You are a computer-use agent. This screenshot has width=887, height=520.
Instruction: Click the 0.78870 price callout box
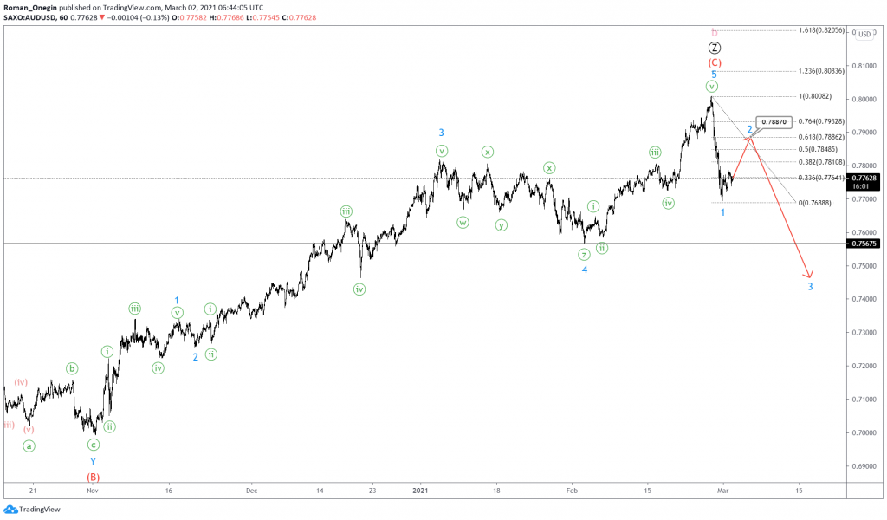pos(774,123)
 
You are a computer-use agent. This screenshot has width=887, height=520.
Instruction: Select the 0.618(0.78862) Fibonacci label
pos(823,137)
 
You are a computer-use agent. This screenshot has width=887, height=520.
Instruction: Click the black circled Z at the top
pos(715,49)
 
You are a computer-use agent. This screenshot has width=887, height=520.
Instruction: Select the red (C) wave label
pos(715,62)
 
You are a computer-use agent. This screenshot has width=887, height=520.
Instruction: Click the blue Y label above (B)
pos(94,462)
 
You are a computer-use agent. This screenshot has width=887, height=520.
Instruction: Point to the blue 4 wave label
pos(585,270)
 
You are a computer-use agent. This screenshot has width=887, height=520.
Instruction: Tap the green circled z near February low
pos(585,254)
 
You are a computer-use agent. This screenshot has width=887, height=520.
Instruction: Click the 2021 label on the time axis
pos(421,490)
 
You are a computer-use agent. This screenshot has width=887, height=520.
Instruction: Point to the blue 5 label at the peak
pos(714,75)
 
